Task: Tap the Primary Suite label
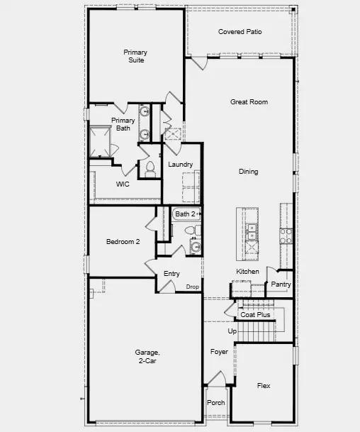(135, 56)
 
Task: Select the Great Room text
(249, 102)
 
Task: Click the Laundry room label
(181, 165)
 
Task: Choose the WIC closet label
(123, 184)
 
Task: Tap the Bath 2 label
(186, 214)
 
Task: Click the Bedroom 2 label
(123, 242)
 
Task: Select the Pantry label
(281, 284)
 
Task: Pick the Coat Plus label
(255, 314)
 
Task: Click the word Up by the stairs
(232, 331)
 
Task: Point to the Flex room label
(263, 386)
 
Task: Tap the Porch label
(215, 403)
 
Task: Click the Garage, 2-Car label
(147, 356)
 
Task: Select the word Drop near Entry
(192, 287)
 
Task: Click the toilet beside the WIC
(149, 168)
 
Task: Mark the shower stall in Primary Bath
(100, 141)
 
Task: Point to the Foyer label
(219, 351)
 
